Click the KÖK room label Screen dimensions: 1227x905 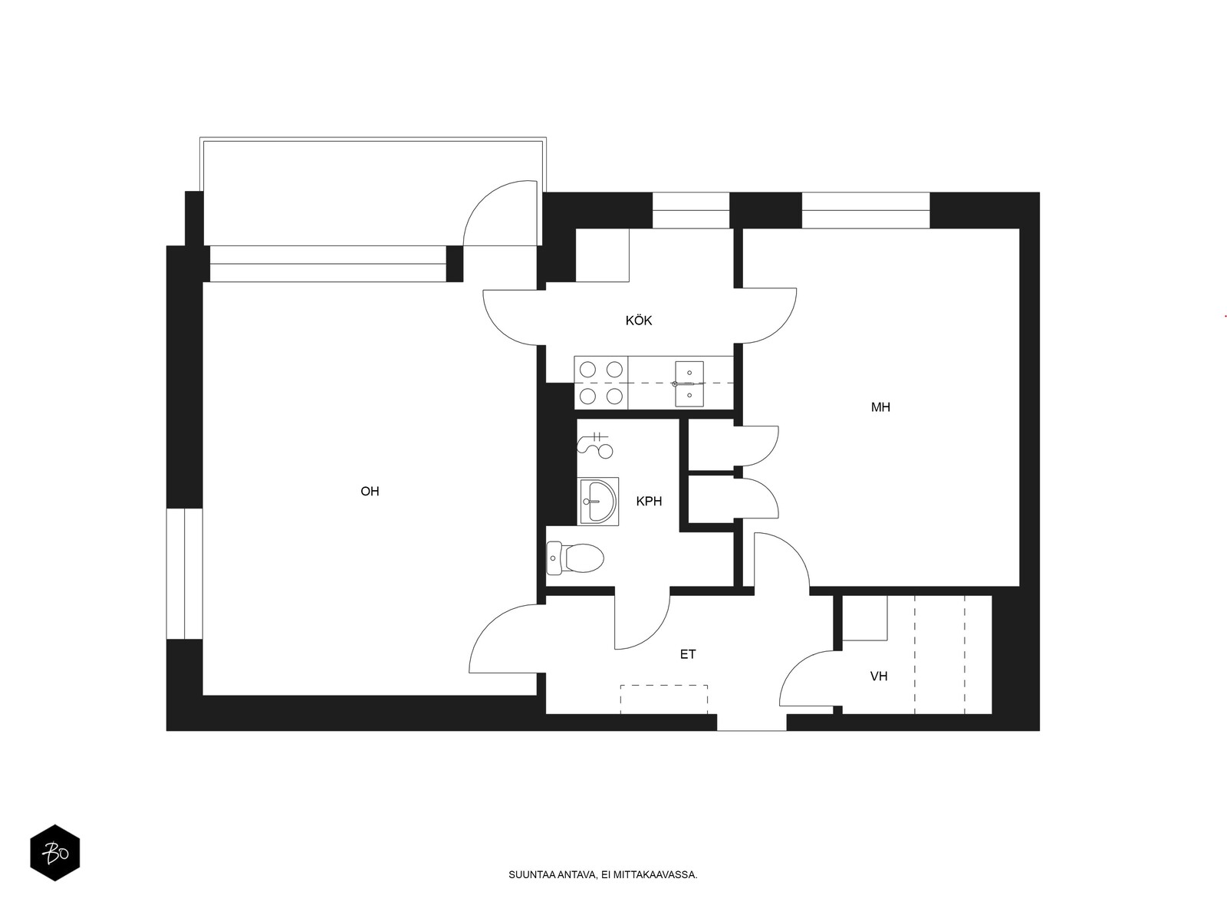(x=639, y=321)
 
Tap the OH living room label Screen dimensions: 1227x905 (x=370, y=492)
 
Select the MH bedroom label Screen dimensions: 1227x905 (x=880, y=407)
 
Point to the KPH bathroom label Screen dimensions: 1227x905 (x=649, y=502)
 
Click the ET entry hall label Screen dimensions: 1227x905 (x=688, y=654)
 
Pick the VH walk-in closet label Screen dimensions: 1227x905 (x=879, y=676)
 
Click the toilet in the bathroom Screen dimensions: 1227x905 (x=575, y=558)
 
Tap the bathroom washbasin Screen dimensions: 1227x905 (x=599, y=501)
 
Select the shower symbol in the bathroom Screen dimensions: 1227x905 (x=595, y=444)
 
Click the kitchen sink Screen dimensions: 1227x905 (x=689, y=384)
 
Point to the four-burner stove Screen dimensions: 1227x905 (x=601, y=383)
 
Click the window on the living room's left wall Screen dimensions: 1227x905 (x=185, y=574)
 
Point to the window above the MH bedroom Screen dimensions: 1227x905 (x=866, y=210)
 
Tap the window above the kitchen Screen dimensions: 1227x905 (x=691, y=210)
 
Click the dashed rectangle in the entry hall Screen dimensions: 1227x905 (x=664, y=699)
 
